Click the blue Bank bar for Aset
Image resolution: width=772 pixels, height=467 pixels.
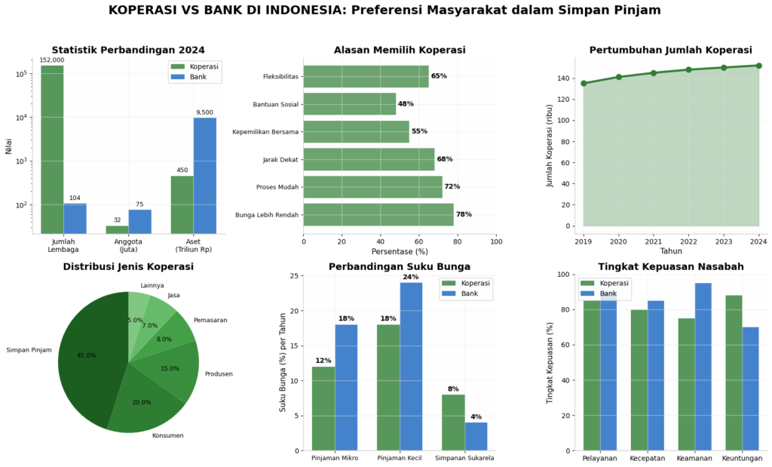[x=205, y=175]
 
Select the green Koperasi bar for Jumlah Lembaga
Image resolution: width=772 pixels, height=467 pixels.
[x=52, y=149]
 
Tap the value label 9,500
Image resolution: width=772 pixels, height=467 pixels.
[x=205, y=112]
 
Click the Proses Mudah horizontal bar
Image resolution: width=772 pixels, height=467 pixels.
[x=372, y=187]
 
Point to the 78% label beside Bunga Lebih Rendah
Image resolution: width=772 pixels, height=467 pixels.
[x=464, y=214]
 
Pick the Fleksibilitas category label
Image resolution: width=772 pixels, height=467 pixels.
[x=280, y=77]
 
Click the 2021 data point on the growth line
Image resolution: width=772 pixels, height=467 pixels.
[x=654, y=73]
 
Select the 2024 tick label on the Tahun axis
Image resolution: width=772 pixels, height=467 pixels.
[x=758, y=242]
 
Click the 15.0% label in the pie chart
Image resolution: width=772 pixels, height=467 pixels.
[x=170, y=368]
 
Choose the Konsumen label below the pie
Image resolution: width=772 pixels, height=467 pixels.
[x=168, y=435]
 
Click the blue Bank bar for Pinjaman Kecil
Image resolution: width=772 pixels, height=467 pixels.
[x=411, y=367]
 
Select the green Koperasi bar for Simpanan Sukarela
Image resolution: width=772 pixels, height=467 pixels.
[x=453, y=422]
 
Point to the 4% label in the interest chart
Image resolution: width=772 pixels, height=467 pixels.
[x=476, y=416]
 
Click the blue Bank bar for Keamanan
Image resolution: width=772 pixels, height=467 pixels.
[x=703, y=367]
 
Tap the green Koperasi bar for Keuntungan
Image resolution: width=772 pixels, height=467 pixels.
[x=734, y=373]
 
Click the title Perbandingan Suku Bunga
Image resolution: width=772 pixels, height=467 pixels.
[x=400, y=266]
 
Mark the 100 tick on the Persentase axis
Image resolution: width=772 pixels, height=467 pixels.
[x=496, y=242]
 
